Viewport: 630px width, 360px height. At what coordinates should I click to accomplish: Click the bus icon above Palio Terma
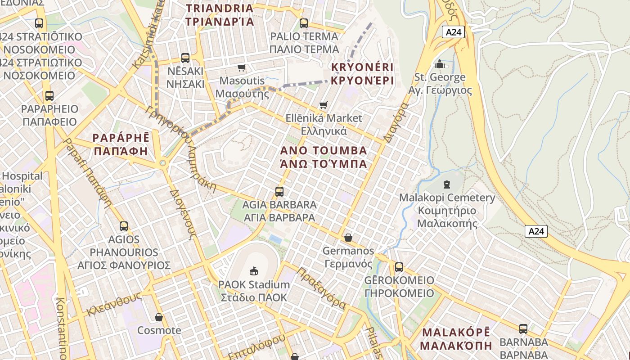[304, 23]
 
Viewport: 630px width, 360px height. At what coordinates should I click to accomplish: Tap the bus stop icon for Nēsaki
[185, 58]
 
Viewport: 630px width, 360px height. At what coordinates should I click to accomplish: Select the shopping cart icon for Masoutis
[242, 68]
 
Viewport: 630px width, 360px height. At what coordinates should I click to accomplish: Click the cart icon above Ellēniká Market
[324, 105]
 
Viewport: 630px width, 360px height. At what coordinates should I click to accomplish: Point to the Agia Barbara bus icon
[279, 192]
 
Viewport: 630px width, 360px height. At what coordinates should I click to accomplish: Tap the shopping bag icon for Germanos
[348, 238]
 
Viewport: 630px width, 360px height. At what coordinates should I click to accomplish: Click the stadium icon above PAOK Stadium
[254, 271]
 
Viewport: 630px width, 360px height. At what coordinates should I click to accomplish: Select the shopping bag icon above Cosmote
[158, 317]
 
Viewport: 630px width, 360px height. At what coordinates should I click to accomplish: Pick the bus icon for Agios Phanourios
[124, 226]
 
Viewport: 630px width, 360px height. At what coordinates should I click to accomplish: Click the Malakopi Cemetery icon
[447, 184]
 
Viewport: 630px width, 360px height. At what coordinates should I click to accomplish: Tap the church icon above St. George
[440, 64]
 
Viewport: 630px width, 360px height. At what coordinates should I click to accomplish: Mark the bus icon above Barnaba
[523, 328]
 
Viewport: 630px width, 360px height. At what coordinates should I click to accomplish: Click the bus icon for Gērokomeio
[399, 267]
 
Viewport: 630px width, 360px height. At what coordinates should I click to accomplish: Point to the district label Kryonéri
[362, 74]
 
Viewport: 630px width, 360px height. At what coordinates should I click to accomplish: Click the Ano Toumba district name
[324, 157]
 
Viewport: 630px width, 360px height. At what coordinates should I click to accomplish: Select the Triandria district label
[220, 14]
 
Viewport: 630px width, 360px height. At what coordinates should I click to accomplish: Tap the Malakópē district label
[456, 339]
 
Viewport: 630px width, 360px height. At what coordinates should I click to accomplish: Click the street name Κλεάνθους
[114, 304]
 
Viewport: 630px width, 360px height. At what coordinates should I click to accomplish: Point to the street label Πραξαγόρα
[322, 288]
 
